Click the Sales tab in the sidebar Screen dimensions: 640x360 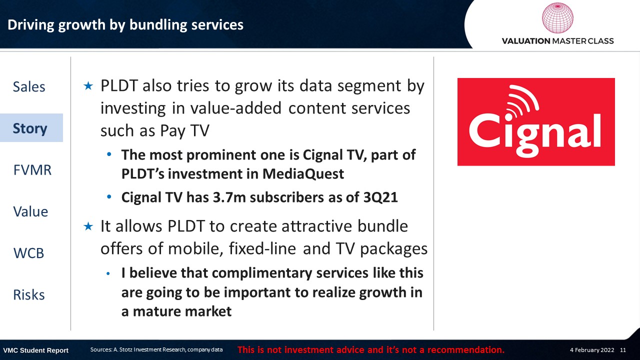(x=29, y=86)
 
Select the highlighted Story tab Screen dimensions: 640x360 (x=31, y=127)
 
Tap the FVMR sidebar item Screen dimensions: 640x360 (x=32, y=170)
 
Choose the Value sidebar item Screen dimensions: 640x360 (x=30, y=211)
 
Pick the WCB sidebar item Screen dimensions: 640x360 (x=28, y=253)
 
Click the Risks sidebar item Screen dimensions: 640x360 (x=29, y=295)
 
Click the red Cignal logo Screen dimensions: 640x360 (x=536, y=121)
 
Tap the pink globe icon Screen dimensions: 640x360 (x=557, y=17)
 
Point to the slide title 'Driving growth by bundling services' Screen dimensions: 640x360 (x=125, y=25)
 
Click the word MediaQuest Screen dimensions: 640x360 (x=303, y=173)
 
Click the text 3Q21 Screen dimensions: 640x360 (x=380, y=197)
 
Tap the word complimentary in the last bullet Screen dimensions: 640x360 (x=261, y=273)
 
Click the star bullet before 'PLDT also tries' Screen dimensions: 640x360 (x=88, y=85)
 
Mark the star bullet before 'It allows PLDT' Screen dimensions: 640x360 (x=88, y=226)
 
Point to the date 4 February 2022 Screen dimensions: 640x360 (x=592, y=350)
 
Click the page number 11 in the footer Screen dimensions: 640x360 (x=623, y=350)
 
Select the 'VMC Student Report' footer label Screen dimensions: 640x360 (x=35, y=350)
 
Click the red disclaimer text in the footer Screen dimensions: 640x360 (x=371, y=349)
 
